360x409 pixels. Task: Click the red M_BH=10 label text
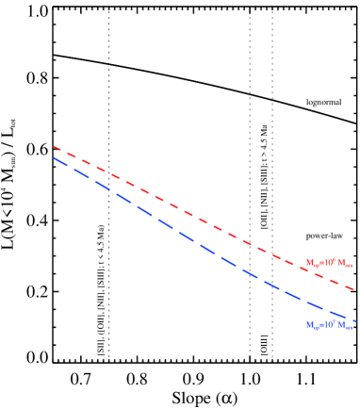click(329, 263)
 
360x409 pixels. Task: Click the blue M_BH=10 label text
click(329, 325)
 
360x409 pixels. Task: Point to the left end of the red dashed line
click(54, 146)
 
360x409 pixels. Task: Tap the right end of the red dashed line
click(352, 288)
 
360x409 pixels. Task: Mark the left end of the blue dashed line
click(54, 157)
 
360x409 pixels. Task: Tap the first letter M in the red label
click(308, 263)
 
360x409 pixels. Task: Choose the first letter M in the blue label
click(308, 325)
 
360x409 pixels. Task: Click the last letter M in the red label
click(341, 263)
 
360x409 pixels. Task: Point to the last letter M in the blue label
click(341, 325)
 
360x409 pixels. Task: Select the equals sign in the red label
click(320, 263)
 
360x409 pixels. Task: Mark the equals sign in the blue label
click(320, 325)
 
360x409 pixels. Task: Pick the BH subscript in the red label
click(315, 266)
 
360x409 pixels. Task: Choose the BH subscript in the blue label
click(315, 328)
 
